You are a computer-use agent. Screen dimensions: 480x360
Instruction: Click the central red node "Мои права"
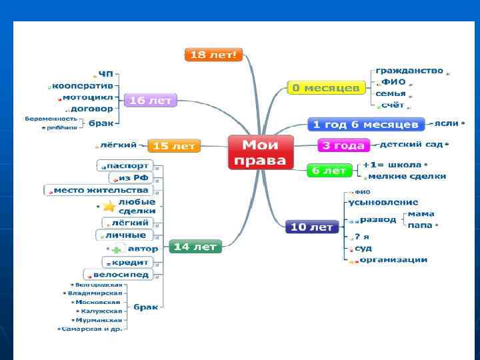(261, 152)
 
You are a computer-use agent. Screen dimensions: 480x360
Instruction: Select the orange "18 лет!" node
(213, 55)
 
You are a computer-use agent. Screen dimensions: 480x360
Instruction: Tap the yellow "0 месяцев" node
(327, 87)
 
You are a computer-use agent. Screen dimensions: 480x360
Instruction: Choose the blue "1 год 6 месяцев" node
(366, 125)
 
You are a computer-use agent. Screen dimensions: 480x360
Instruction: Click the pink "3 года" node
(343, 145)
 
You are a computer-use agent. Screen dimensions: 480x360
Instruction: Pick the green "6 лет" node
(329, 171)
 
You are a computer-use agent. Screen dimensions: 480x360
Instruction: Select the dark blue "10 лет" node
(311, 227)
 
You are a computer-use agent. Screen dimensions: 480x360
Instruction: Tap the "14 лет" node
(195, 247)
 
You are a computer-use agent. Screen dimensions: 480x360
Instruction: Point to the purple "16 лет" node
(151, 100)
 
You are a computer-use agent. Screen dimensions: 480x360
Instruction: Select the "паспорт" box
(127, 165)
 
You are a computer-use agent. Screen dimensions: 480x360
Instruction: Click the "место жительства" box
(101, 190)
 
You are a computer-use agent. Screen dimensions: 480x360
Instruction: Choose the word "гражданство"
(409, 71)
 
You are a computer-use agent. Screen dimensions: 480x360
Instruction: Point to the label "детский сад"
(411, 144)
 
